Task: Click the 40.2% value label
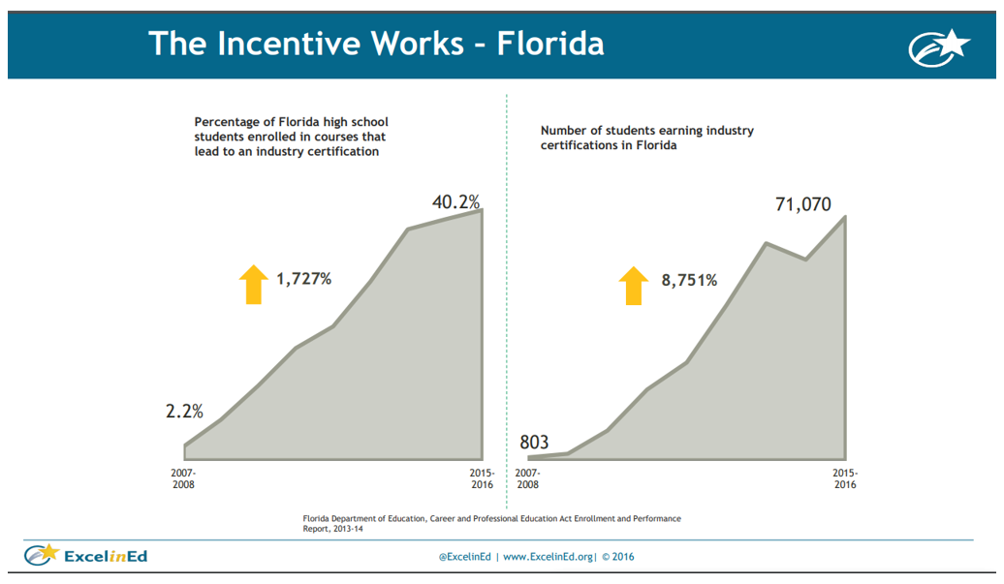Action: click(455, 201)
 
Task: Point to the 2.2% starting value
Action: click(184, 411)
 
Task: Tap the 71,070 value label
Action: click(802, 204)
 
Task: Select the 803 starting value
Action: click(534, 443)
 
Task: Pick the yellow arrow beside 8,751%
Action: click(634, 286)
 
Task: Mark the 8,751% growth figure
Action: click(689, 280)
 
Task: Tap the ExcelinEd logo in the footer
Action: click(86, 555)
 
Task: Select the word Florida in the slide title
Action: click(550, 44)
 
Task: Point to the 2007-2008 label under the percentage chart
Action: click(183, 478)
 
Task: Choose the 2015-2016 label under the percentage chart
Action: click(481, 478)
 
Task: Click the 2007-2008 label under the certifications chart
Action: click(527, 478)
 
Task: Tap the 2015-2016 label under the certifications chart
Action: click(844, 478)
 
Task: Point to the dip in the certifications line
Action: click(805, 260)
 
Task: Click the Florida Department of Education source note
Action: click(491, 524)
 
